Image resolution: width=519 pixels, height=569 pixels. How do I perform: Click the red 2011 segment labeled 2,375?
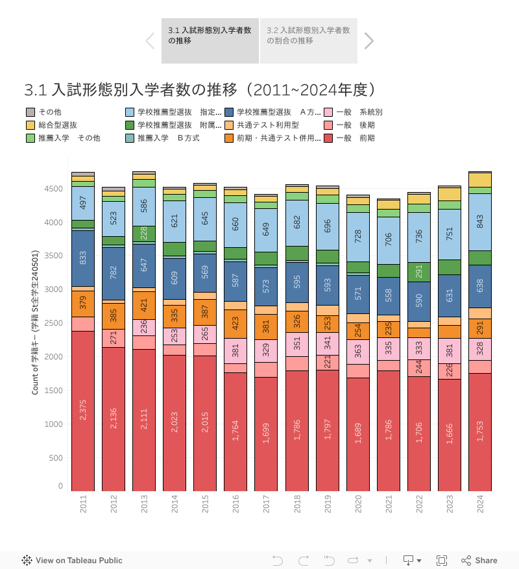83,410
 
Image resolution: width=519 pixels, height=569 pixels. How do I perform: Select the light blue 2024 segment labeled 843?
480,222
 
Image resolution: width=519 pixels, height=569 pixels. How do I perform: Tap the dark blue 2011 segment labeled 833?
83,258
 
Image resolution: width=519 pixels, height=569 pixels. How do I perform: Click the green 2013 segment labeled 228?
144,234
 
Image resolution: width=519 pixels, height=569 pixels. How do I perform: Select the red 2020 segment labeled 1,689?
358,433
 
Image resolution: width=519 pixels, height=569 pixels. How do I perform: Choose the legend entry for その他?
49,112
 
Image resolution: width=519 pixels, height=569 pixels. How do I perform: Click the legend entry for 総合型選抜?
57,125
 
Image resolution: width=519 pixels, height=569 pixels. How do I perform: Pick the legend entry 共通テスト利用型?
267,125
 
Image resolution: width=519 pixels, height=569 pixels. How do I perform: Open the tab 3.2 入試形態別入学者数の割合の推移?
309,35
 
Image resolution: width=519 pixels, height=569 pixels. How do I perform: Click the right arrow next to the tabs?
369,41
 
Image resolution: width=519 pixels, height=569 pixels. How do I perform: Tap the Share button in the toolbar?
479,561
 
